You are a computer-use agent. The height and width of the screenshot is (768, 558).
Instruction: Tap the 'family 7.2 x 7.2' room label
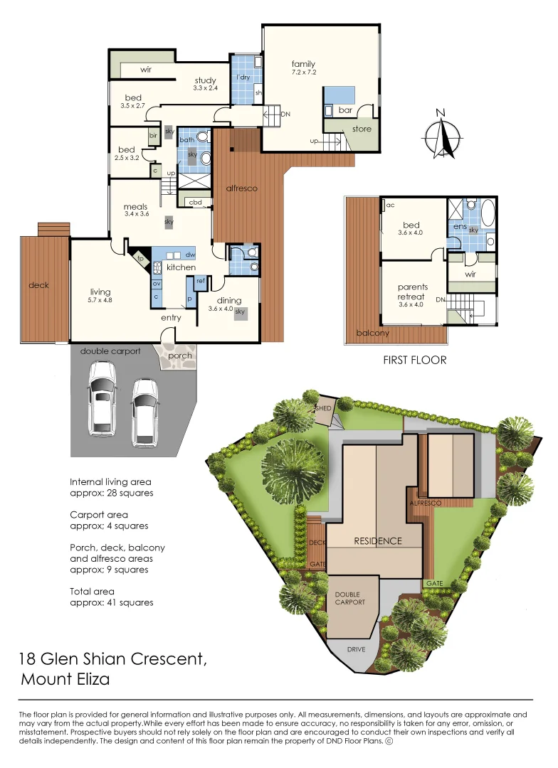tap(303, 68)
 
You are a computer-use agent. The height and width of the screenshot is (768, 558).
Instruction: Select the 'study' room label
tap(205, 81)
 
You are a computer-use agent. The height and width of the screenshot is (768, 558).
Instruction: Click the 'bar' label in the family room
tap(345, 110)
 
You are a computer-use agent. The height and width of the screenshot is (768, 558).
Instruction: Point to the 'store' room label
tap(362, 129)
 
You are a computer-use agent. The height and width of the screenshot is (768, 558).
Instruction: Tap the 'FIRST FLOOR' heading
tap(415, 360)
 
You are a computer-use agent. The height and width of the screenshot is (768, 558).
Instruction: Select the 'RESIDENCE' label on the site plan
tap(378, 541)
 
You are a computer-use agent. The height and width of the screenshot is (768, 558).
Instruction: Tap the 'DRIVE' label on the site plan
tap(356, 650)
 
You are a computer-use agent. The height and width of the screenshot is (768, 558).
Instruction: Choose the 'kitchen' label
tap(181, 267)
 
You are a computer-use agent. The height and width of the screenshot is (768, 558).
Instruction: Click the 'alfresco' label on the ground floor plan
tap(241, 188)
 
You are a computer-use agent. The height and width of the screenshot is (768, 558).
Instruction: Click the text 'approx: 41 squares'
tap(111, 602)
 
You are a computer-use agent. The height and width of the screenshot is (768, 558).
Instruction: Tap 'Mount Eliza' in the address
tap(65, 679)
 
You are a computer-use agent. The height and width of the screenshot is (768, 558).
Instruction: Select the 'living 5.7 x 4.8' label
tap(100, 295)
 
